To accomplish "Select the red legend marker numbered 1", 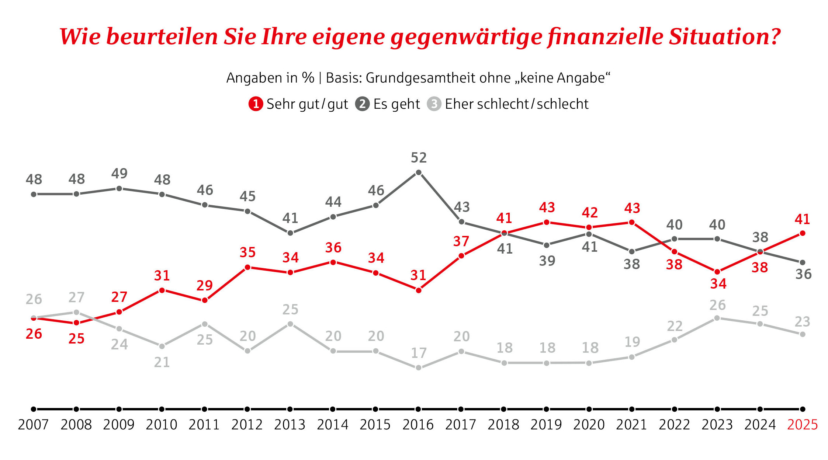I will tap(255, 104).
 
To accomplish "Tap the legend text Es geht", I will tap(396, 104).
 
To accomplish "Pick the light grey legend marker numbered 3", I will tap(434, 104).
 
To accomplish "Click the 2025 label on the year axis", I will tap(802, 425).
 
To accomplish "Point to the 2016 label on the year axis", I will tap(418, 425).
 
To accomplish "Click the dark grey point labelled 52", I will tap(419, 172).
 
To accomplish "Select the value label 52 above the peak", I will tap(419, 158).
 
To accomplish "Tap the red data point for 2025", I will tap(802, 233).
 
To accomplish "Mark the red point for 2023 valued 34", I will tap(717, 272).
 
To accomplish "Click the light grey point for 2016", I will tap(419, 368).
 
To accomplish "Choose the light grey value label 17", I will tap(419, 353).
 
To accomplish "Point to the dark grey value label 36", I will tap(803, 274).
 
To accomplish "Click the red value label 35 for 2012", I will tap(247, 252).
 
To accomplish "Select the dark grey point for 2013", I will tap(290, 233).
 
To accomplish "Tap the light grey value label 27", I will tap(76, 297).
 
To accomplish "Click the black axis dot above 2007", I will tap(34, 409).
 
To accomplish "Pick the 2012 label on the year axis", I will tap(247, 425).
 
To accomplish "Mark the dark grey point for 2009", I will tap(119, 189).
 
